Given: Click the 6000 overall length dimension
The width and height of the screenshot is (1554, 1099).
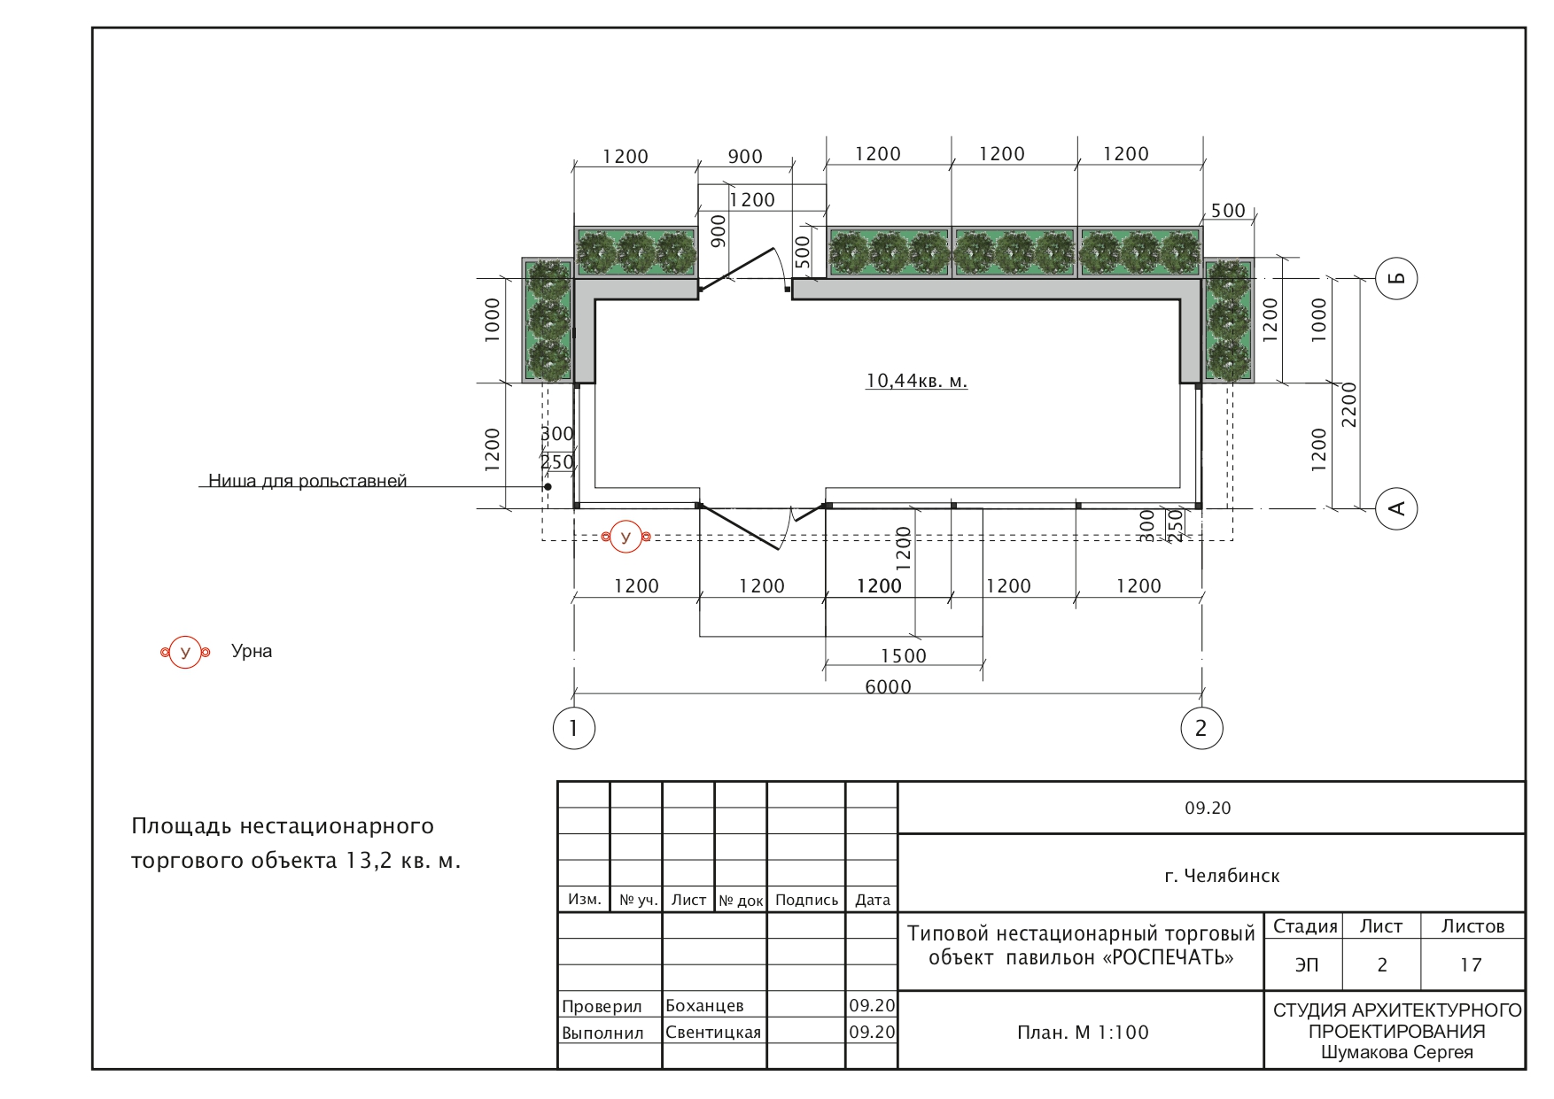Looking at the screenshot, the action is pos(888,686).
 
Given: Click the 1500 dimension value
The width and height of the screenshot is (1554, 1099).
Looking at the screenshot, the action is pos(903,656).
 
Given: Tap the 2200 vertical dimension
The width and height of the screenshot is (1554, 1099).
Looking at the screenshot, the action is pos(1348,405).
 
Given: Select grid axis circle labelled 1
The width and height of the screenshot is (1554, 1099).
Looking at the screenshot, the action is pos(574,728).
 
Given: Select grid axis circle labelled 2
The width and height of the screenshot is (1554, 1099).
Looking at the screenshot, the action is pos(1201,728).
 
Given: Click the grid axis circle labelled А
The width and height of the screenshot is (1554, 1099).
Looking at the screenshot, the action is pos(1396,508).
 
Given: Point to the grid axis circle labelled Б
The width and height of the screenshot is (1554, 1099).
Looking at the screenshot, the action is pos(1396,279).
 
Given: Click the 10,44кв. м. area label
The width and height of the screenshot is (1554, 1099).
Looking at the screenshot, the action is pos(916,381).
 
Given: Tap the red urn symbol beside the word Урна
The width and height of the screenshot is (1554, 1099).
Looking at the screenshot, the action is pos(185,653).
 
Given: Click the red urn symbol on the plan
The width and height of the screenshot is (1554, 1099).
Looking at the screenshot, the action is pos(626,537).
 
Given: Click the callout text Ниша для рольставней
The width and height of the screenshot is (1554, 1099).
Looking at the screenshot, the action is pos(307,481).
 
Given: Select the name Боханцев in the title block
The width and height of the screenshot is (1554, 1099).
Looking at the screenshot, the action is pos(704,1006).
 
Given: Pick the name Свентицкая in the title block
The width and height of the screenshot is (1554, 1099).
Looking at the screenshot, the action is pos(713,1033).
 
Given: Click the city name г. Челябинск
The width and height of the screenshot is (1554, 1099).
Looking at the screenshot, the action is pos(1222,876).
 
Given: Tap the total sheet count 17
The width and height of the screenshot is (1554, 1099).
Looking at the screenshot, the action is pos(1471,964).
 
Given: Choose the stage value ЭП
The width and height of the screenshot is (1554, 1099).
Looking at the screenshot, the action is pos(1307,964).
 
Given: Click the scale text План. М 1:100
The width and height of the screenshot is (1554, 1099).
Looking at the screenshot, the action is pos(1083,1033).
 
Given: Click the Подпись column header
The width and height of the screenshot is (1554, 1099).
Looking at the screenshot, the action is pos(806,900).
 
